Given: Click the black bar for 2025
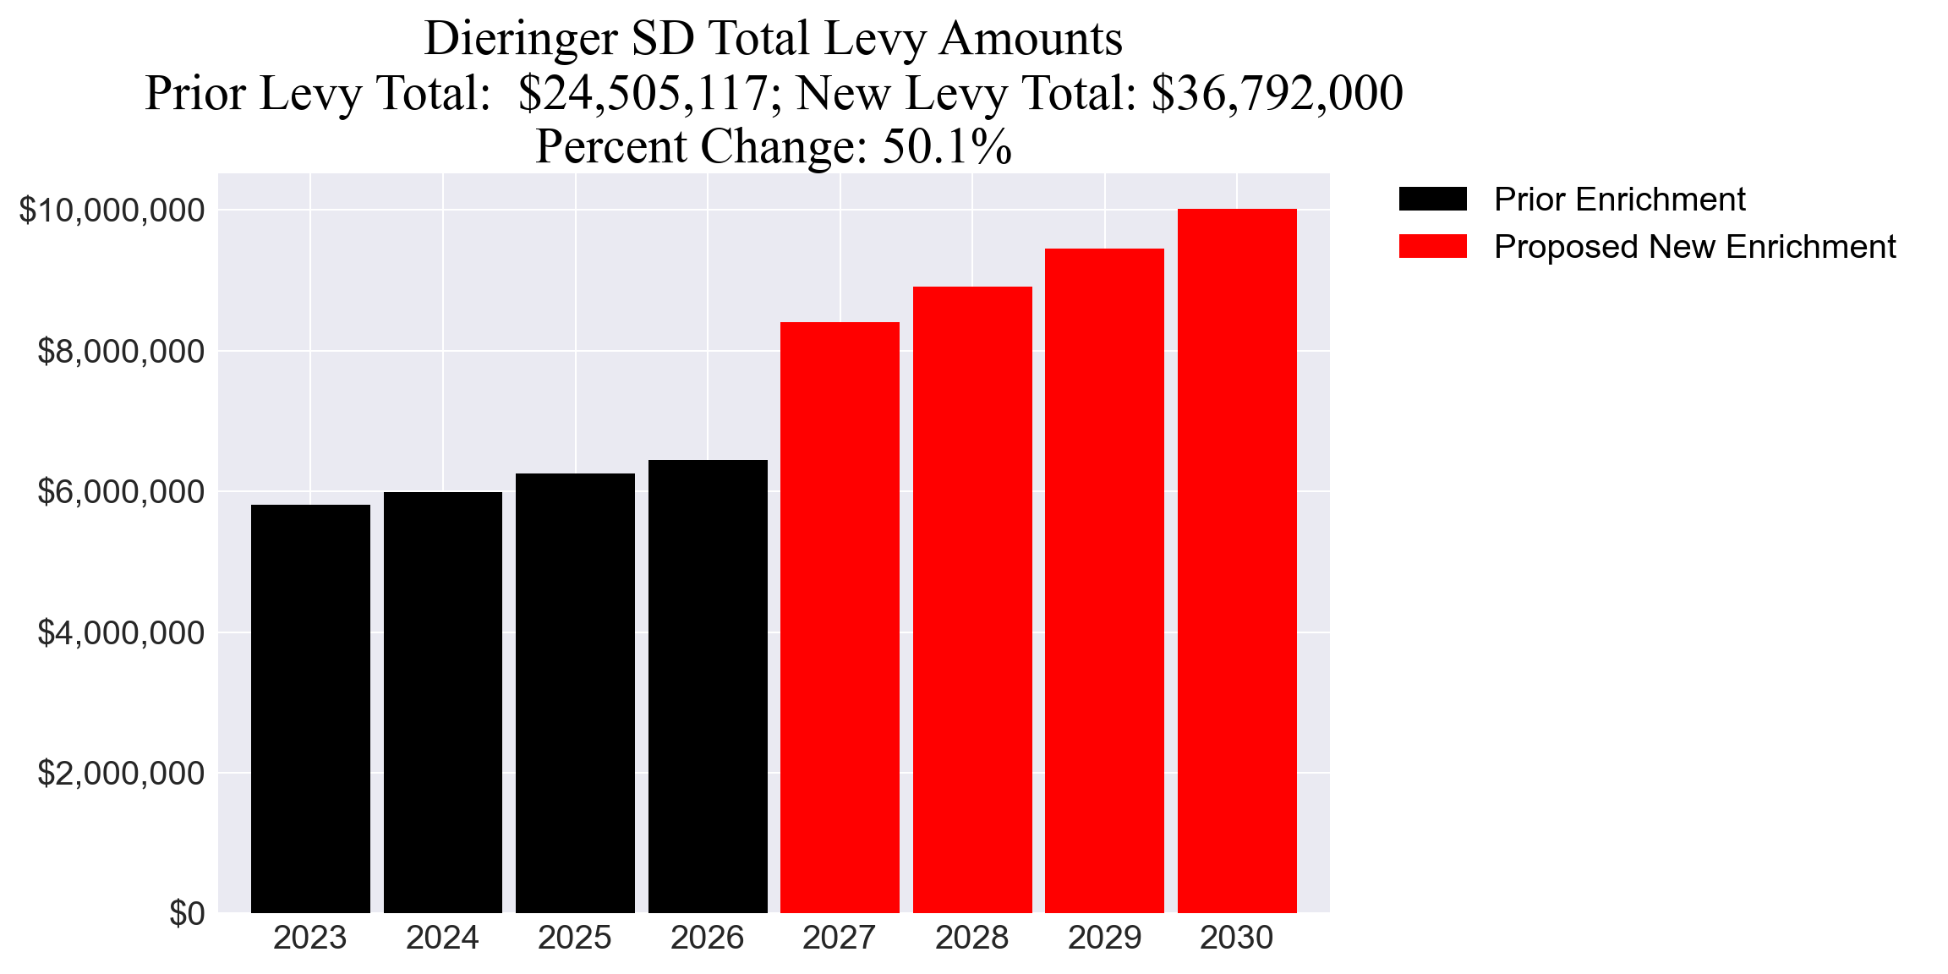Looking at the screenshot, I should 575,693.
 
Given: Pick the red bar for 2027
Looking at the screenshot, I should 840,617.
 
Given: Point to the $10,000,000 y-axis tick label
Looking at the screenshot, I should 112,211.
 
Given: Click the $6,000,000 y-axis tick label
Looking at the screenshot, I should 121,492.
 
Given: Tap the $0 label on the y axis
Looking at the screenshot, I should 187,914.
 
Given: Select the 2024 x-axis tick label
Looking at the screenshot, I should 442,938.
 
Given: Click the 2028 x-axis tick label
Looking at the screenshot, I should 971,938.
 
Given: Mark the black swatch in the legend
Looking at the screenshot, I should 1432,200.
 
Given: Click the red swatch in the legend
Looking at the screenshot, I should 1432,247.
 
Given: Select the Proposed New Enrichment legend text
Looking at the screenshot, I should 1694,247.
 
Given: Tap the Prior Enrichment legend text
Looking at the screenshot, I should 1619,200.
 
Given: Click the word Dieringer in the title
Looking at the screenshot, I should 521,39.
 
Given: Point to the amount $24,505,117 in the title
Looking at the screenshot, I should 643,93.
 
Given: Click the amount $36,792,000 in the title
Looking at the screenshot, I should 1277,93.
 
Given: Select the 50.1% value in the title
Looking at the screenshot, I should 947,146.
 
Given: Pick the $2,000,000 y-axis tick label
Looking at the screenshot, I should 121,774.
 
